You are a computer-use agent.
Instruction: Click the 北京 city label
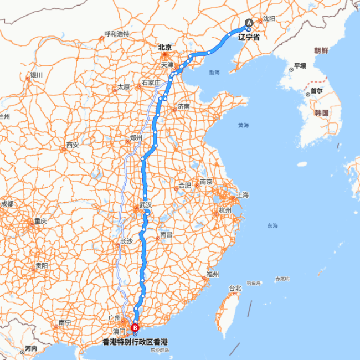coord(164,48)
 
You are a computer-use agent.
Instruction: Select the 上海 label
coord(242,194)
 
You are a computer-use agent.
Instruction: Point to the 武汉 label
coord(146,205)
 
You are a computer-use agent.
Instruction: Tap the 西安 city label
coord(73,145)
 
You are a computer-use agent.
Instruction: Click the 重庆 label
coord(40,221)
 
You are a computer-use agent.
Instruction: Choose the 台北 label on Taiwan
coord(235,288)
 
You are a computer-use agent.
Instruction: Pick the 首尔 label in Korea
coord(317,90)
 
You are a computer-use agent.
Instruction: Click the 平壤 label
coord(300,66)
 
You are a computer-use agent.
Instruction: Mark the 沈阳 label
coord(269,18)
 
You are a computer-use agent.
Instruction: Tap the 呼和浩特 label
coord(117,34)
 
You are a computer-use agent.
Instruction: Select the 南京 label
coord(207,182)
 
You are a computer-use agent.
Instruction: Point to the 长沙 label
coord(126,241)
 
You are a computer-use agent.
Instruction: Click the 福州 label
coord(213,275)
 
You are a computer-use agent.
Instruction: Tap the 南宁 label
coord(65,322)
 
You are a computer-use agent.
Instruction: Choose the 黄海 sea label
coord(243,125)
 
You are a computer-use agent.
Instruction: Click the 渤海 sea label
coord(214,73)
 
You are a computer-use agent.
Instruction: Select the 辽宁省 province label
coord(249,38)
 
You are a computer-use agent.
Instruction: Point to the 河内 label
coord(30,349)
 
